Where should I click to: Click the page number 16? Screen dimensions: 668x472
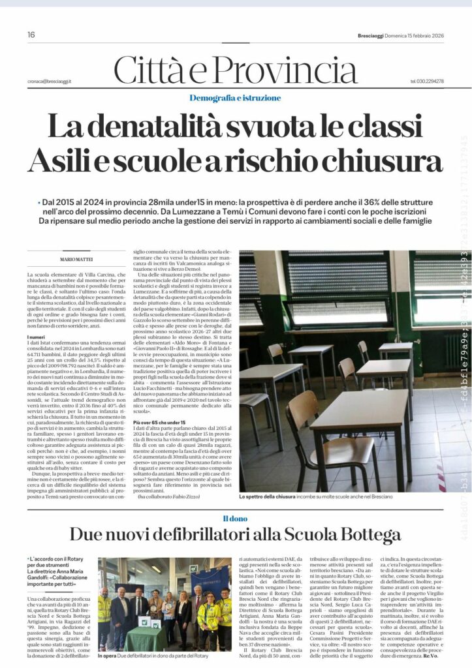[31, 35]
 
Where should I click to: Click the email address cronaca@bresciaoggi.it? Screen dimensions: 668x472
[50, 81]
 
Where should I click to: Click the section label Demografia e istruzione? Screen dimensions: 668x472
[236, 98]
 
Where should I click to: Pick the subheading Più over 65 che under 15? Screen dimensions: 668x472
[156, 423]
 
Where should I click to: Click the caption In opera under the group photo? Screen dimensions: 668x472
[106, 656]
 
